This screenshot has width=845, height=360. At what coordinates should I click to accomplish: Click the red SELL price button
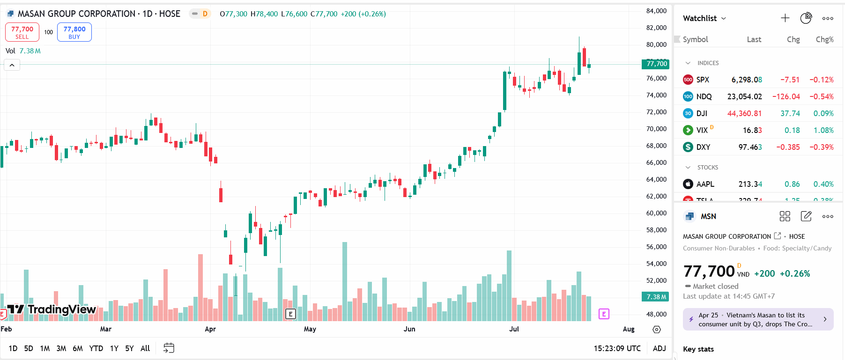click(x=22, y=32)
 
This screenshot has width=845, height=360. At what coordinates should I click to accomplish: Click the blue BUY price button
click(x=74, y=32)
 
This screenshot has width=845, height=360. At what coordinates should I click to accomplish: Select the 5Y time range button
click(x=129, y=348)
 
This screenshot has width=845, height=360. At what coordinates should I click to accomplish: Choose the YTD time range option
click(x=96, y=348)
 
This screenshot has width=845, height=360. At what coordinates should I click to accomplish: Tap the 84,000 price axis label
click(x=656, y=11)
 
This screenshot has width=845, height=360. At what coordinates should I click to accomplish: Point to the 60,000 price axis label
click(x=656, y=213)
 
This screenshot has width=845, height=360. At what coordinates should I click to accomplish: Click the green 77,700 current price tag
click(x=656, y=64)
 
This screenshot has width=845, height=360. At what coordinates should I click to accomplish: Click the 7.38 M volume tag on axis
click(x=656, y=297)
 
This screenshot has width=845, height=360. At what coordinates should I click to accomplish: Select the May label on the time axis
click(x=310, y=329)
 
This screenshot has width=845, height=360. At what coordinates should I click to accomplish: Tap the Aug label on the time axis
click(x=629, y=329)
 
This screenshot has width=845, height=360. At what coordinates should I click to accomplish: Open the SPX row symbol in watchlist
click(x=703, y=80)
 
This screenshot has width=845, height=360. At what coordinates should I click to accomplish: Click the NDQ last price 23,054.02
click(x=744, y=96)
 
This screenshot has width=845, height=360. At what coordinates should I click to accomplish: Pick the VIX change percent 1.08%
click(x=823, y=130)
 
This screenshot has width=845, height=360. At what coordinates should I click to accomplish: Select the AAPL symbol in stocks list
click(x=705, y=184)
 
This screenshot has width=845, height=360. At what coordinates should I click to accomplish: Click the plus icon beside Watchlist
click(x=785, y=18)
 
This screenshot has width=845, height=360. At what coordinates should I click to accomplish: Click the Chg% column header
click(x=824, y=39)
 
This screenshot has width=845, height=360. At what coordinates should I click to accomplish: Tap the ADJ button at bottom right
click(x=659, y=348)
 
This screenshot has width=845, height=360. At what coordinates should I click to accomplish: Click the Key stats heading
click(x=698, y=349)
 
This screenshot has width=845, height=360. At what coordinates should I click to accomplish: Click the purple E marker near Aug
click(x=604, y=314)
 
